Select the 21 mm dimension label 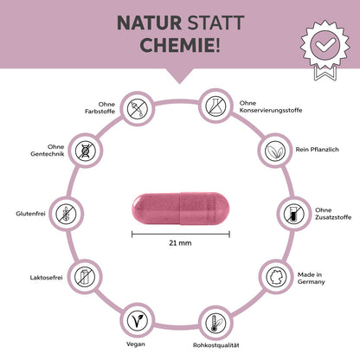180,245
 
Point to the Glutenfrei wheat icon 65,214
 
